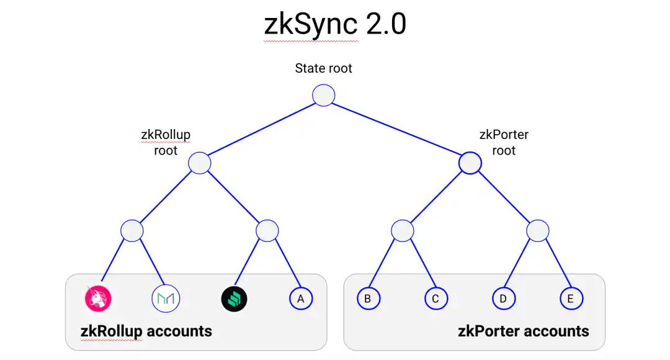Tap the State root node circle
(324, 96)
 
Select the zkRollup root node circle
(200, 163)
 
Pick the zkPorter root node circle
(470, 163)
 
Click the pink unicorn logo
(98, 299)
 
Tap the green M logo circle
(166, 299)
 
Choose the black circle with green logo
(234, 299)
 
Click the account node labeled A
(301, 299)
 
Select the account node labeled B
(368, 299)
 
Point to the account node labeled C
(435, 299)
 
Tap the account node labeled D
(503, 299)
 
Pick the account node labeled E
(570, 299)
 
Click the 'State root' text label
(324, 68)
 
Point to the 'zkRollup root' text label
(166, 142)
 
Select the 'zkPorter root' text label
(504, 142)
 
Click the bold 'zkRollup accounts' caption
(146, 331)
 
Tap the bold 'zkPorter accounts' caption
(524, 331)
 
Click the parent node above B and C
(402, 231)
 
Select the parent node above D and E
(537, 231)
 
